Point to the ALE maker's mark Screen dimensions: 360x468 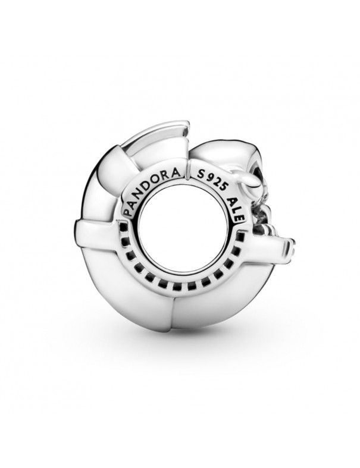[x=234, y=209]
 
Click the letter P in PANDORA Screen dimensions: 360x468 [x=127, y=212]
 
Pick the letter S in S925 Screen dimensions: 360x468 [x=200, y=175]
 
